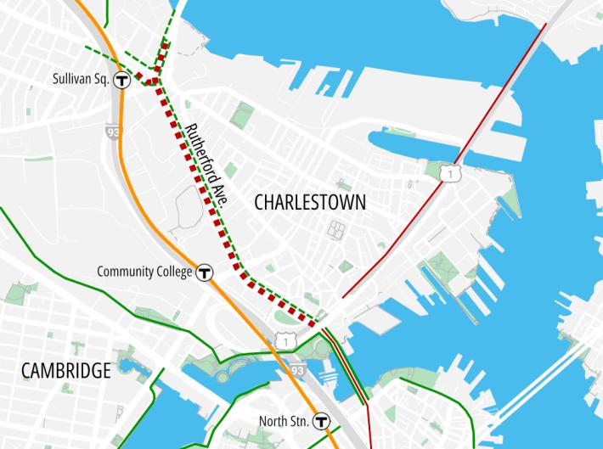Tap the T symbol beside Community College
[x=204, y=272]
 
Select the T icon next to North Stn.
[x=321, y=420]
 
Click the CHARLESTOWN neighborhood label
[x=310, y=203]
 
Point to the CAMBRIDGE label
[x=66, y=371]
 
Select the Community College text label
[x=144, y=272]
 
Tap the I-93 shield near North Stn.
[x=296, y=370]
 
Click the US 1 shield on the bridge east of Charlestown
[x=448, y=174]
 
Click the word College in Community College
[x=173, y=272]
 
